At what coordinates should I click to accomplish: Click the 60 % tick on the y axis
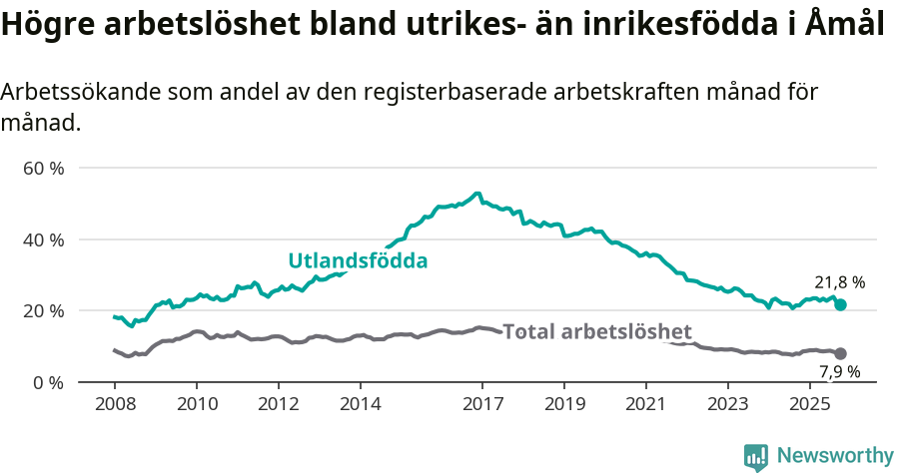(x=43, y=168)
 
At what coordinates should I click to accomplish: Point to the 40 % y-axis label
(x=43, y=239)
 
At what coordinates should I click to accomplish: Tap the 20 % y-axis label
(x=43, y=310)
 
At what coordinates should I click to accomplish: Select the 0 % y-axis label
(x=47, y=382)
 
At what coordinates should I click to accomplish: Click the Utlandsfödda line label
(x=358, y=261)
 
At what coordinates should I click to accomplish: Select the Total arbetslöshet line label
(x=596, y=331)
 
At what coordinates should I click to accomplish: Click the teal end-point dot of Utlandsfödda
(x=841, y=304)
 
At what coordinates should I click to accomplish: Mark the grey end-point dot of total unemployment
(x=841, y=353)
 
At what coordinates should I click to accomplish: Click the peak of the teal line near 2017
(x=477, y=194)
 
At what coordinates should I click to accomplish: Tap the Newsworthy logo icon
(x=756, y=456)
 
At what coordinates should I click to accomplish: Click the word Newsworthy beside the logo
(x=834, y=456)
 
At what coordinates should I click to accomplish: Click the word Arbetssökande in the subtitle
(x=77, y=92)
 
